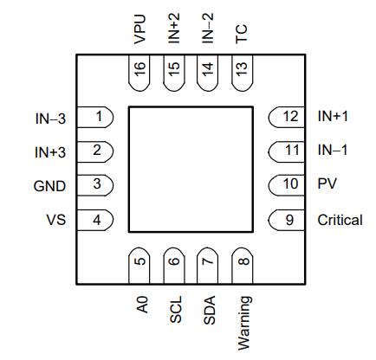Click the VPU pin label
pos(140,29)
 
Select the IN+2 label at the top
pos(174,28)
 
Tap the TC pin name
pos(242,34)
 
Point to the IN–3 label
pos(50,119)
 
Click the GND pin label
pos(49,186)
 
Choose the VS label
pos(56,220)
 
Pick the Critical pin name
pos(340,220)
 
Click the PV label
pos(327,183)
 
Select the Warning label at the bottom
pos(244,324)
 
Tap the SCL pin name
pos(176,310)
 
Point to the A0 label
pos(142,305)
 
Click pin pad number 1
pos(95,117)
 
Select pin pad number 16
pos(139,73)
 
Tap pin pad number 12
pos(287,117)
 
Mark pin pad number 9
pos(287,220)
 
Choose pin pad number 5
pos(139,266)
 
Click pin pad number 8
pos(243,266)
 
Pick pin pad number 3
pos(95,185)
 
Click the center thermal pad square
pos(191,170)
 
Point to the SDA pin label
pos(210,310)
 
